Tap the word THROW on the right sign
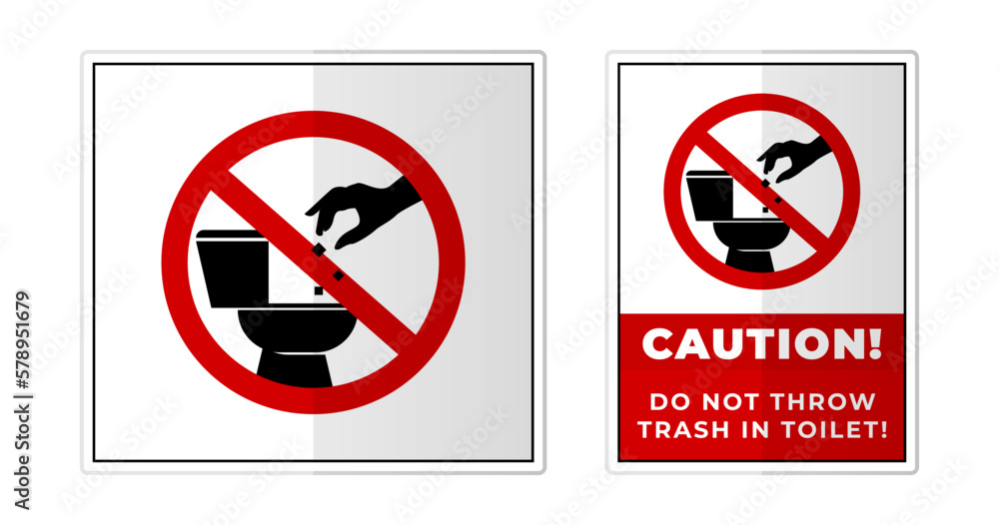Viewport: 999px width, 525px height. (832, 402)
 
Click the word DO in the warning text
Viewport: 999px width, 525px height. (667, 402)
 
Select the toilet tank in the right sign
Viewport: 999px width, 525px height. (710, 195)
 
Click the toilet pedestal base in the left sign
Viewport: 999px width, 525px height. (294, 366)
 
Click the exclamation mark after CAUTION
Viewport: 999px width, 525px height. (876, 344)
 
